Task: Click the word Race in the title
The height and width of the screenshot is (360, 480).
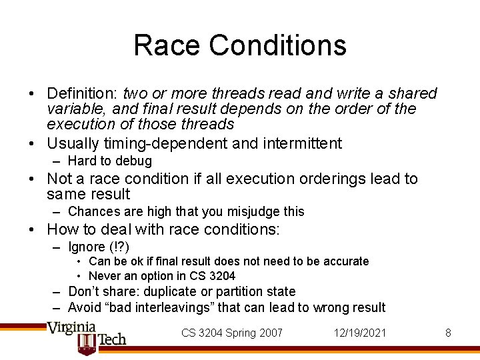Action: (x=167, y=45)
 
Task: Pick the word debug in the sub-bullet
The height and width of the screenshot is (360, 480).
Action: (x=136, y=161)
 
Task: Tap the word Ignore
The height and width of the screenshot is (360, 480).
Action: (x=89, y=247)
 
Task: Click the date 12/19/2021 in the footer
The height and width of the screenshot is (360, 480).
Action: (x=359, y=333)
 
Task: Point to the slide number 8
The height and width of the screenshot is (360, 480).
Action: (x=448, y=333)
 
